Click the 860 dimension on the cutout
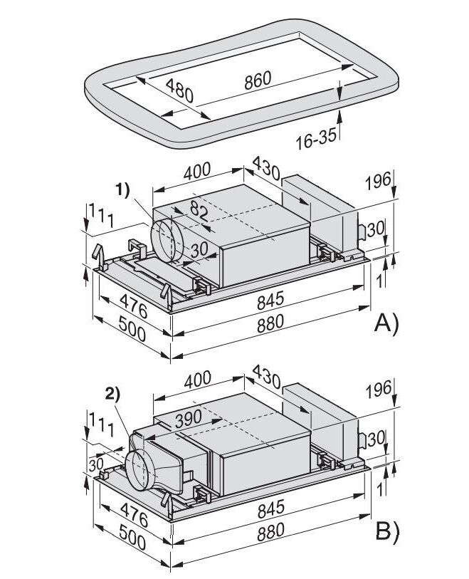pos(257,80)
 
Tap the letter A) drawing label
pos(386,325)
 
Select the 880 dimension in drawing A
pos(271,322)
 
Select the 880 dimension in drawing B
pos(271,530)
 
